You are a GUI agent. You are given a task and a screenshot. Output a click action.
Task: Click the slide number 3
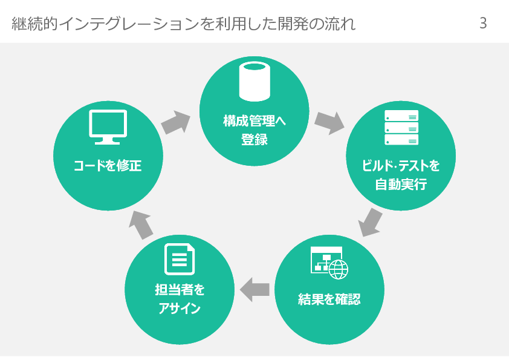click(x=483, y=24)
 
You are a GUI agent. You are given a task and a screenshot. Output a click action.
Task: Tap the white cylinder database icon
click(x=254, y=83)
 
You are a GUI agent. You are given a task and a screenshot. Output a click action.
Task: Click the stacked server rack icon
click(x=401, y=128)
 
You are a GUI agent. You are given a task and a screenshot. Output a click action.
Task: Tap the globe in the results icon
click(x=338, y=269)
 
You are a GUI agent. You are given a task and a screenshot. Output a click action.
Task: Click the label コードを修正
click(x=108, y=165)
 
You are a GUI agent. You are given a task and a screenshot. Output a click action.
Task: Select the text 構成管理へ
click(x=254, y=120)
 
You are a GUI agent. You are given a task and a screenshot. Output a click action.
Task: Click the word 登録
click(x=254, y=140)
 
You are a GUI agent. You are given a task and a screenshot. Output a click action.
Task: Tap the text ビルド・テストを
click(x=401, y=165)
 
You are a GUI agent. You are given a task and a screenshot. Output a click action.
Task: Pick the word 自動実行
click(x=401, y=185)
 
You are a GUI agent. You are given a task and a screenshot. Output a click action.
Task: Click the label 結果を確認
click(x=329, y=299)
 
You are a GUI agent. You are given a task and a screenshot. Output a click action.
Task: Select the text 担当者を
click(x=180, y=290)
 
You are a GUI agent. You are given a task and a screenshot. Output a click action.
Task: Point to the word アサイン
click(x=180, y=309)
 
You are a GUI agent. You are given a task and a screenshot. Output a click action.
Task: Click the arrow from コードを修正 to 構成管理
click(x=176, y=122)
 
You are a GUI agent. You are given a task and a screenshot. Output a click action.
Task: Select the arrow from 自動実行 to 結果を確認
click(x=371, y=222)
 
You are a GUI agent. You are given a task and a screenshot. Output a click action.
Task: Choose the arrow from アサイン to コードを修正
click(x=142, y=224)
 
